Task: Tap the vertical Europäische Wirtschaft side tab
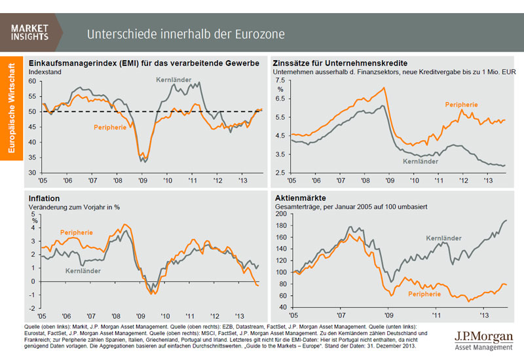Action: click(x=12, y=109)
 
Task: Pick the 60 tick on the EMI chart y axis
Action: click(x=33, y=81)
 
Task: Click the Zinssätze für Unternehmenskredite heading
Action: click(x=340, y=63)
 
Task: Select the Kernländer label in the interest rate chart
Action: click(x=419, y=160)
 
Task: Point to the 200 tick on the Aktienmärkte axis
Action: click(x=282, y=214)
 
